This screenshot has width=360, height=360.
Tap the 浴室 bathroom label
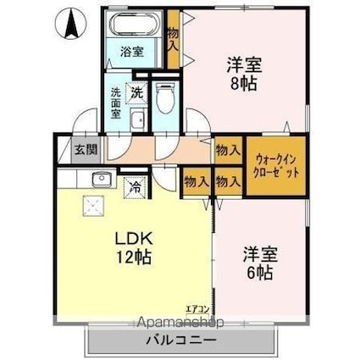click(131, 51)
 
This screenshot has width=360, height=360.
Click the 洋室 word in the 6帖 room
click(258, 252)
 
